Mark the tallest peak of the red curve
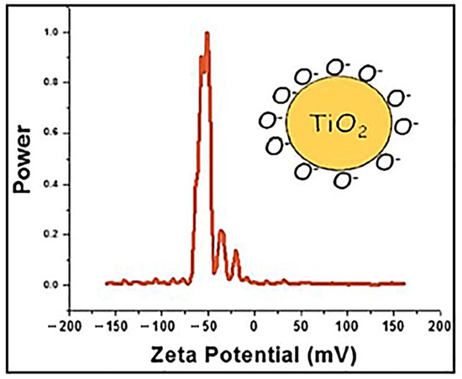point(207,34)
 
